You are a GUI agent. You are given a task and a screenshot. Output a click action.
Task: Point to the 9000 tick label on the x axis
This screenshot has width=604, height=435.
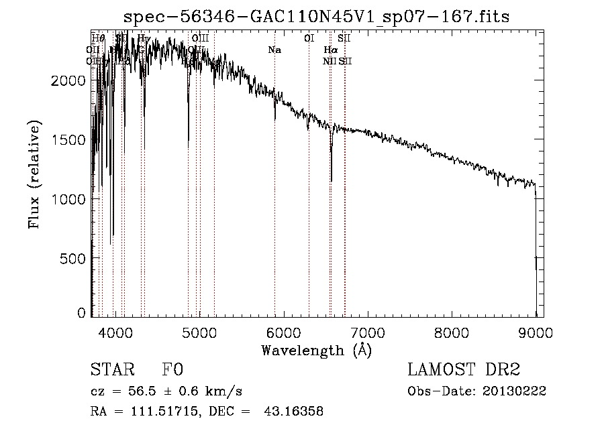536,331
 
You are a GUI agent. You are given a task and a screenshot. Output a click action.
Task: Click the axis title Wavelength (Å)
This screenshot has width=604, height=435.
316,350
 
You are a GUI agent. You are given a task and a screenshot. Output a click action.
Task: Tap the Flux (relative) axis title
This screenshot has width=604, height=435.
34,174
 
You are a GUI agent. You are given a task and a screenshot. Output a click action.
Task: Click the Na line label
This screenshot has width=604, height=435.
274,50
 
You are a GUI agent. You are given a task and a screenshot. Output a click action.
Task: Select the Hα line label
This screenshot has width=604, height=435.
330,50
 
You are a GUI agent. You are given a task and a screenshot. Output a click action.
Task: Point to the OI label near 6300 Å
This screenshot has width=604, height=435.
309,39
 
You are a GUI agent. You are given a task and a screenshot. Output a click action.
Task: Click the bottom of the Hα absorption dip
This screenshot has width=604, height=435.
331,180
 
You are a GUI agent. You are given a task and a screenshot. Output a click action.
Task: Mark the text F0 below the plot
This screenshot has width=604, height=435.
173,370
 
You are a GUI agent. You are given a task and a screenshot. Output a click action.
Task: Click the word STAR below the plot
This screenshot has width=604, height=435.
112,370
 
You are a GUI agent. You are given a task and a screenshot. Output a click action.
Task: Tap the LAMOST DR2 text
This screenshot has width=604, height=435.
463,370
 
